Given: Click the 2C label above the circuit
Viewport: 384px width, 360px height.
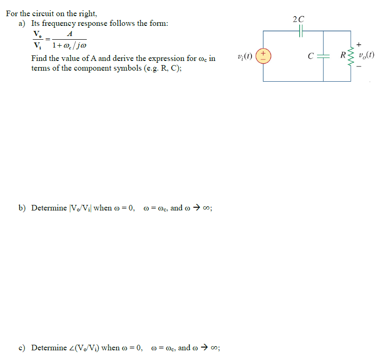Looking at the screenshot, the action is [x=299, y=19].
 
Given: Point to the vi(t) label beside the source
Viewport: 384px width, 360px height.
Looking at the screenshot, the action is [x=244, y=56].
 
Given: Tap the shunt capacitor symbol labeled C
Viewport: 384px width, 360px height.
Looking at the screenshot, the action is [x=323, y=56].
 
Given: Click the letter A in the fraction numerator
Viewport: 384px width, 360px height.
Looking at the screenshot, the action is [x=69, y=34].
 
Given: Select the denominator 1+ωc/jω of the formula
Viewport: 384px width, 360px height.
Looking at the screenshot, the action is [x=69, y=46].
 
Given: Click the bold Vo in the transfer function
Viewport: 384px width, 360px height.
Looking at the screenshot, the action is [x=36, y=34].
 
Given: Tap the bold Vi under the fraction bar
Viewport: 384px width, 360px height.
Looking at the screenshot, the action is [x=36, y=46].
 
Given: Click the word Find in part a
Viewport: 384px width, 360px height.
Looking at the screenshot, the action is [x=40, y=59].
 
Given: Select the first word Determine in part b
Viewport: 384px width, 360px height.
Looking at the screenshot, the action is [x=49, y=208].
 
